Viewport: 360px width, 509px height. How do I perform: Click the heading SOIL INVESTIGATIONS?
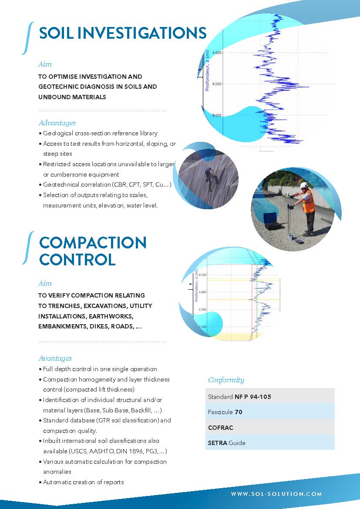[122, 33]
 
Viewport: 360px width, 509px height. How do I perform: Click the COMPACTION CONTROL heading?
[93, 251]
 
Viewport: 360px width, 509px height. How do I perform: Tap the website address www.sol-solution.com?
[276, 494]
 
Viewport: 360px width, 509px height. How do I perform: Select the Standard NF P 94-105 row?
[270, 396]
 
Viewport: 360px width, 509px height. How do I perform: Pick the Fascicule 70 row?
[270, 412]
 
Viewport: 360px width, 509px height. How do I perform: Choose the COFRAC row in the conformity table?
[270, 427]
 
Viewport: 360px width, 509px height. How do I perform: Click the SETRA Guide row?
[270, 442]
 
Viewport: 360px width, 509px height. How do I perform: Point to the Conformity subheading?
[226, 380]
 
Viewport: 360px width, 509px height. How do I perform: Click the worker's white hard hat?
[304, 185]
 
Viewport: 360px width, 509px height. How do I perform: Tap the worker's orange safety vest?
[308, 202]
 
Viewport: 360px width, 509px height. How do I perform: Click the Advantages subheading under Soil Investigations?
[57, 123]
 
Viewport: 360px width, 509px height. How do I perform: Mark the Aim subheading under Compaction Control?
[45, 284]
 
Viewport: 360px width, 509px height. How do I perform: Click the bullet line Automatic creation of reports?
[83, 482]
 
